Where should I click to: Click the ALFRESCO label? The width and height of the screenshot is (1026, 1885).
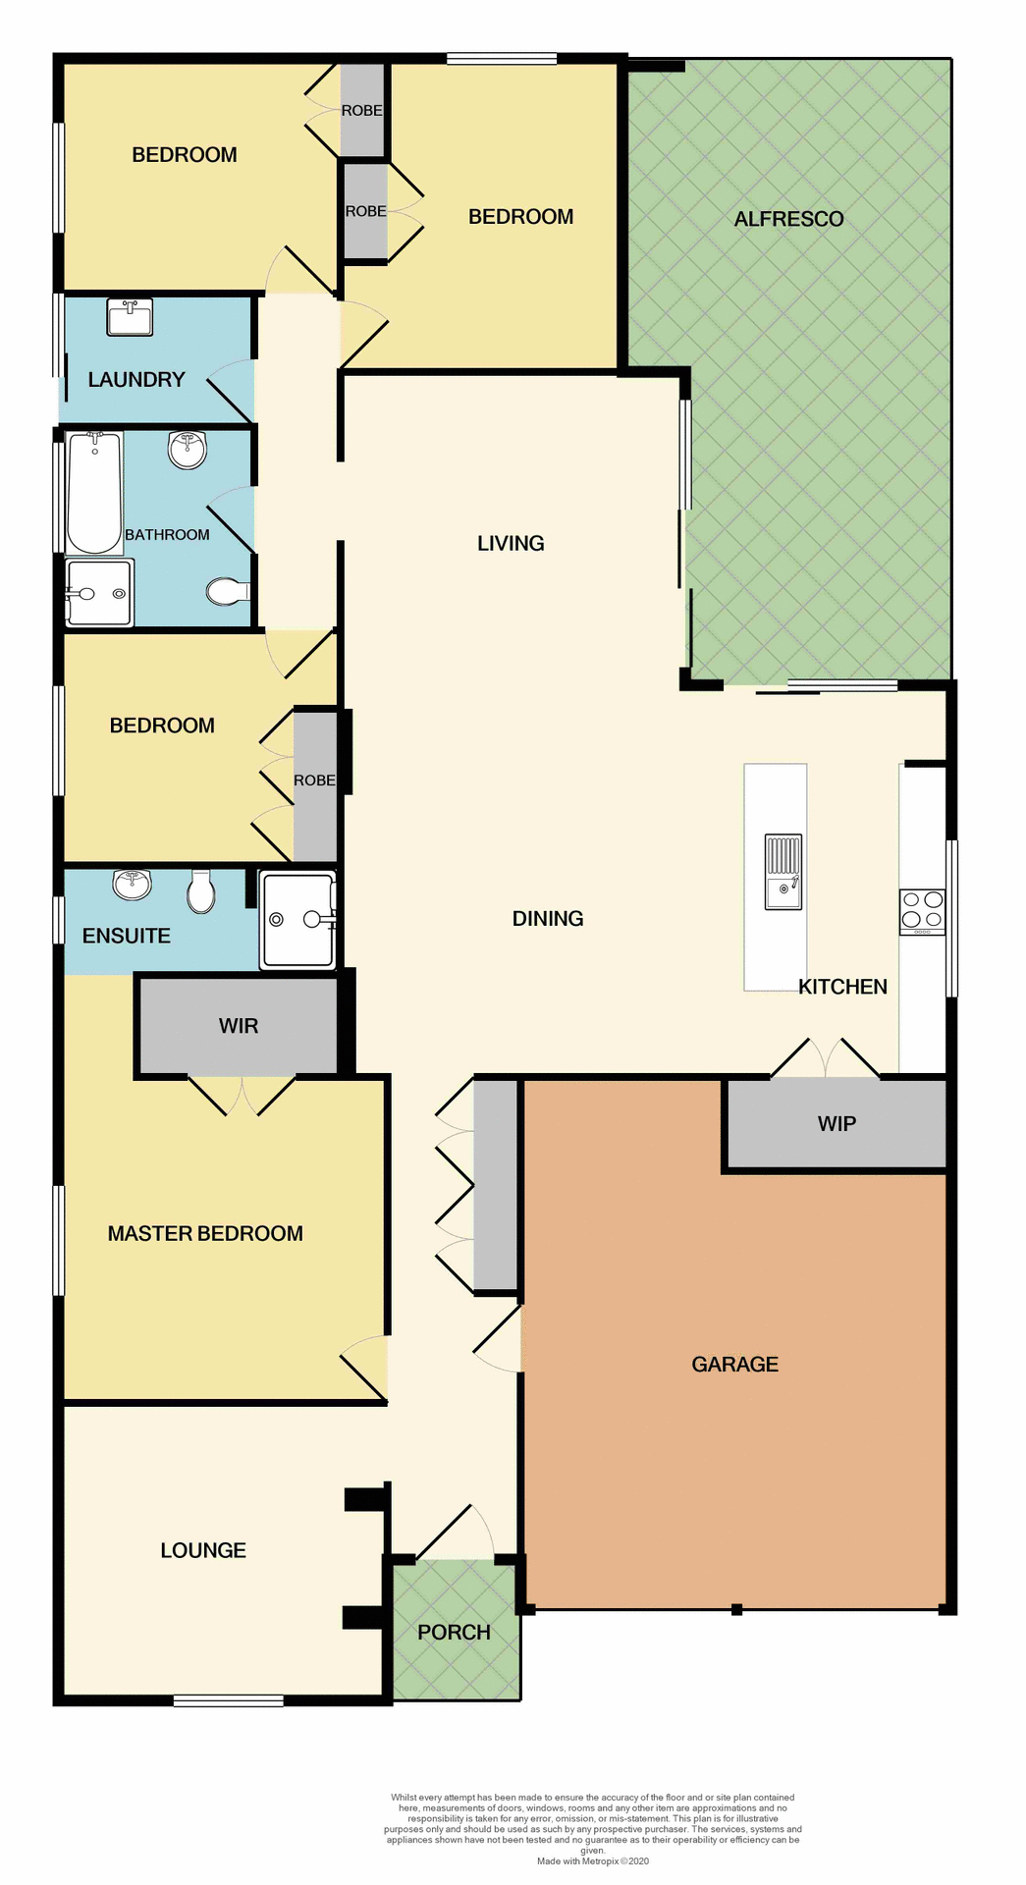788,219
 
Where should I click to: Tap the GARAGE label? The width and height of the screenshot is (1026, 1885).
734,1364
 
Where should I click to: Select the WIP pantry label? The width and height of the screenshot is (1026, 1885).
837,1123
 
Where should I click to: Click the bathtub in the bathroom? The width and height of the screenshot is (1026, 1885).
94,492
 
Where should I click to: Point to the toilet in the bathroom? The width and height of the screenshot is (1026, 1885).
227,591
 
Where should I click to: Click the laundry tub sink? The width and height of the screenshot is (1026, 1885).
130,318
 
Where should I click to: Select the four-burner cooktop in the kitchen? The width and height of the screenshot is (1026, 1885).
922,910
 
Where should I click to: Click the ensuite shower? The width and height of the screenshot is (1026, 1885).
297,920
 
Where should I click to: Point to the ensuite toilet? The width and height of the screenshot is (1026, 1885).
201,889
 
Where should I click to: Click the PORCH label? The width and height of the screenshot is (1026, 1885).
454,1632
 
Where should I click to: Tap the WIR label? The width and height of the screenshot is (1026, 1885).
239,1025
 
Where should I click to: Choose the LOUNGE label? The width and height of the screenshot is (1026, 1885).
203,1550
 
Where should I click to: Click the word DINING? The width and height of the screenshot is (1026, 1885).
548,918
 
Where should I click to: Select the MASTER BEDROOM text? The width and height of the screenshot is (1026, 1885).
205,1233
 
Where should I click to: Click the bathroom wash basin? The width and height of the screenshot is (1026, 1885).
188,450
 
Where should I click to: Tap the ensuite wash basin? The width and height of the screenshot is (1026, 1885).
132,884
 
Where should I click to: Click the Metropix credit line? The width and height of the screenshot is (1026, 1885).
592,1860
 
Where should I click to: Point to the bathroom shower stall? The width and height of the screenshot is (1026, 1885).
98,593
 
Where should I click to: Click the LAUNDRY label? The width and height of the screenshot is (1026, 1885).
136,379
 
